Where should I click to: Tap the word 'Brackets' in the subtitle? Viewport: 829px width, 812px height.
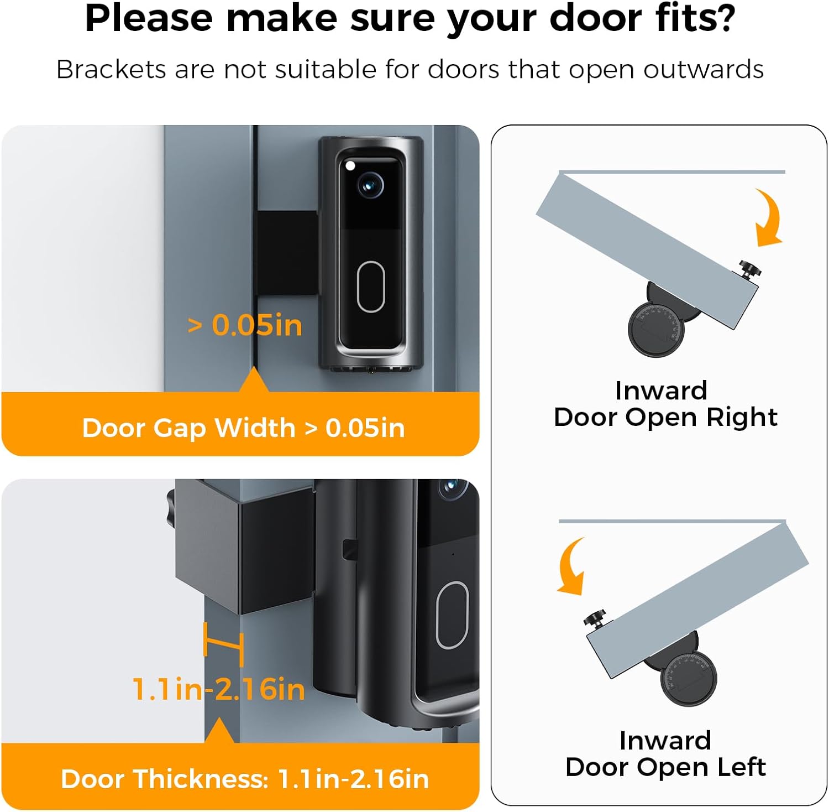point(111,70)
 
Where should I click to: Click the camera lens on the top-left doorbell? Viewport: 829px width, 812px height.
point(370,185)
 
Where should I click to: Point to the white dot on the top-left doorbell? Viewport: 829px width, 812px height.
point(350,165)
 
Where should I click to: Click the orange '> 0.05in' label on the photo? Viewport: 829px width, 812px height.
point(245,325)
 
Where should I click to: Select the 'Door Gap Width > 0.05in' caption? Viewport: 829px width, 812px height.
point(243,428)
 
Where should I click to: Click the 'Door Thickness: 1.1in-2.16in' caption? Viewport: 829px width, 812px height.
point(245,779)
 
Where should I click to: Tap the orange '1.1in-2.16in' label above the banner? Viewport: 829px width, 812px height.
point(219,689)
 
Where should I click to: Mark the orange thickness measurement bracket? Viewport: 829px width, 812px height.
point(223,644)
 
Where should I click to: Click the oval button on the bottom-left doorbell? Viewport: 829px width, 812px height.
point(452,615)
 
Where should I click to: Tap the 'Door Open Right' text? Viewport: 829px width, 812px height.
point(665,417)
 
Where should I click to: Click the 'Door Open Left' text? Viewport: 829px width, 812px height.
point(665,767)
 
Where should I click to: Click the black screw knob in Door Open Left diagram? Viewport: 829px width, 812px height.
point(597,618)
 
